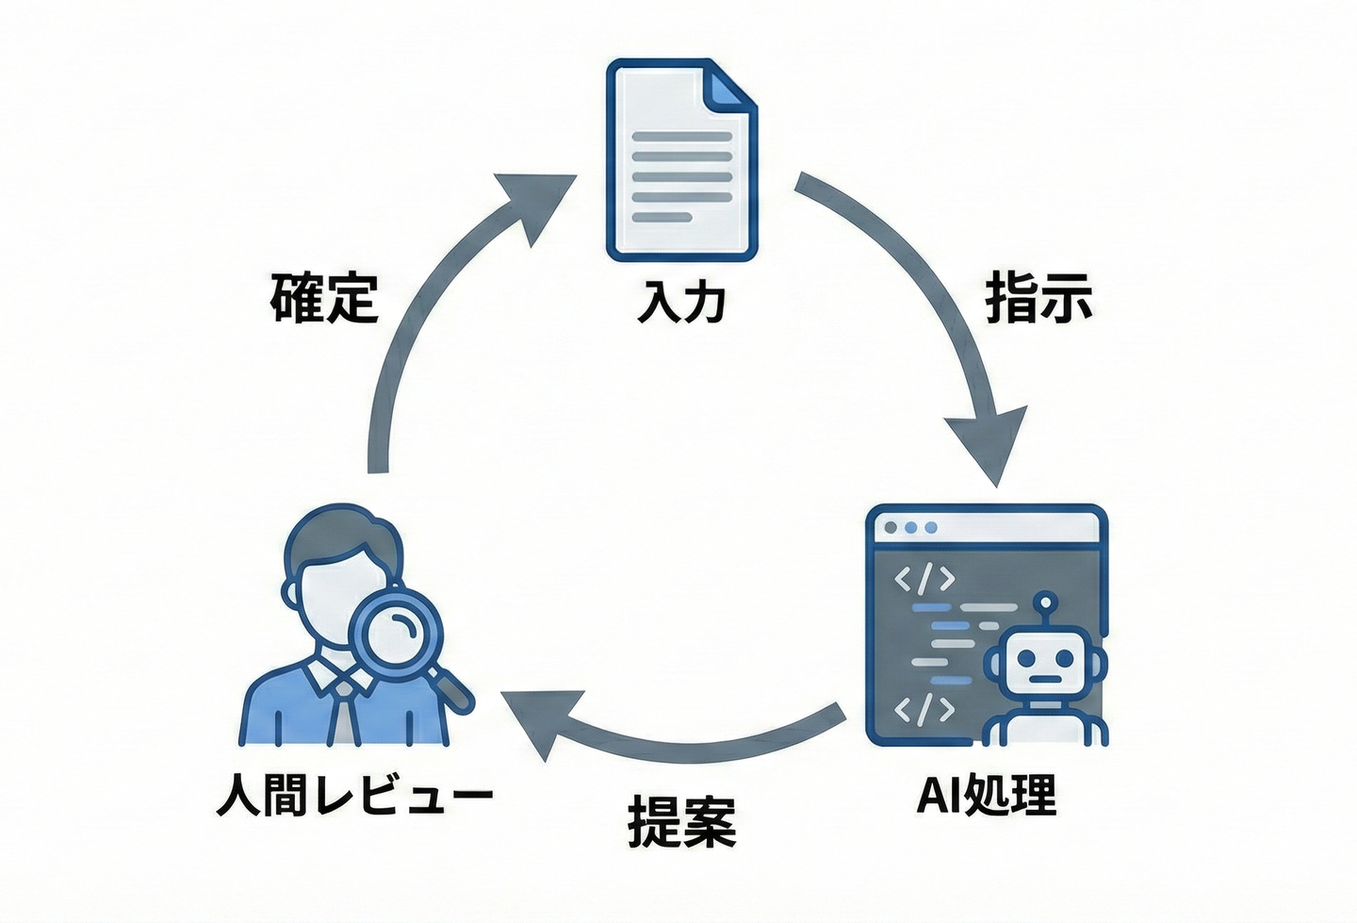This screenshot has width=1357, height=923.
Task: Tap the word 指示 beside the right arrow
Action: (1038, 296)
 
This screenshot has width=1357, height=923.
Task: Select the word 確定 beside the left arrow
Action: (325, 297)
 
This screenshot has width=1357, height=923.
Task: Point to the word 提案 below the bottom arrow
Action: (681, 820)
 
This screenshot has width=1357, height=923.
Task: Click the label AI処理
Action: (987, 795)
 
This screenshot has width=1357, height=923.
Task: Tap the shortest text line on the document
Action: (662, 216)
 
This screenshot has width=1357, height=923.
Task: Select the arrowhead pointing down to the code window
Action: (987, 446)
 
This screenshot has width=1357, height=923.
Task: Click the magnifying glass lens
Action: (396, 635)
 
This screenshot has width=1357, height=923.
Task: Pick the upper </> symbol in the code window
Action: (924, 580)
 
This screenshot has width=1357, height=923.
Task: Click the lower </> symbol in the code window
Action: (924, 710)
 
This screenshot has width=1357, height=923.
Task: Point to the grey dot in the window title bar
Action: (891, 527)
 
